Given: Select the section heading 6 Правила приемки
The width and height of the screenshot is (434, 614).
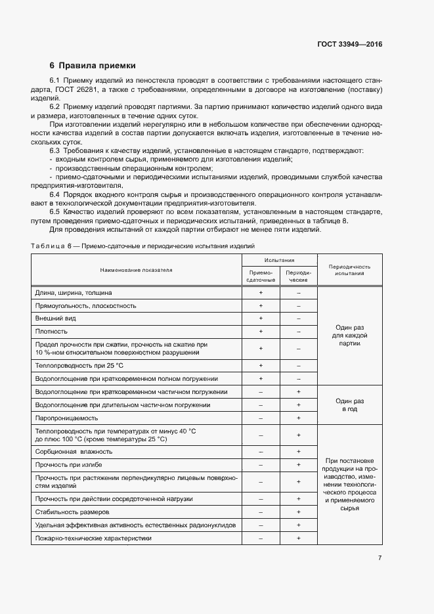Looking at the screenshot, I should [93, 66].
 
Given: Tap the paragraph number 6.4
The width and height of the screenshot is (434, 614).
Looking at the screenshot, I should [55, 194].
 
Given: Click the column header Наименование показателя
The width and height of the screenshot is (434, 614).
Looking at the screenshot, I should [136, 270].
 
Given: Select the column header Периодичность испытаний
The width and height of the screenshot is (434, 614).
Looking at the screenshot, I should [349, 270].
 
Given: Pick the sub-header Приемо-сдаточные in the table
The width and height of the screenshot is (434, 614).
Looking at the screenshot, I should [261, 276].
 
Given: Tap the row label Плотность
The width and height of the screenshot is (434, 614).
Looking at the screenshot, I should [51, 332].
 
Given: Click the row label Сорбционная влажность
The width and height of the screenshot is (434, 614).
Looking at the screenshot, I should [74, 451].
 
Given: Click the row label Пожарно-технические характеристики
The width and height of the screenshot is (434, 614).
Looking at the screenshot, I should [93, 538].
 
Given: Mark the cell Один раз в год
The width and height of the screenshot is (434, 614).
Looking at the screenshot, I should [349, 405].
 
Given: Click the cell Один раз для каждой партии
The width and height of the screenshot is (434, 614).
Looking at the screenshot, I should [349, 335].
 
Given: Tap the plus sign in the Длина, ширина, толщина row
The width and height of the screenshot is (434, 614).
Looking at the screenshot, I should [261, 292].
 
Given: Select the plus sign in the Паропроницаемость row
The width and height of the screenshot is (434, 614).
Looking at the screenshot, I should [299, 418].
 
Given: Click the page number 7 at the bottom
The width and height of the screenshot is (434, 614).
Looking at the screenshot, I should [380, 558].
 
